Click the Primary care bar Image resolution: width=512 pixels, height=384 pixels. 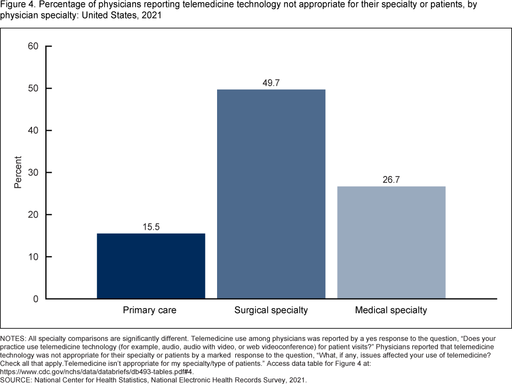point(151,266)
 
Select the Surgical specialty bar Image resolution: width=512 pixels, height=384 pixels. point(271,194)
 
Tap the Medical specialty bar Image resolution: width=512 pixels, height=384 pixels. point(391,242)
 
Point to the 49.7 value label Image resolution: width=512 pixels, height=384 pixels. point(271,83)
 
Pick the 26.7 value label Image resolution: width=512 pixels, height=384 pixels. point(391,180)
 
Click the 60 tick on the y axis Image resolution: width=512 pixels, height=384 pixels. point(33,46)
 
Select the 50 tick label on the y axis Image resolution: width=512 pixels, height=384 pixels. point(33,89)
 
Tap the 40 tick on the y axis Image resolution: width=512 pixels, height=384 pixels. point(33,131)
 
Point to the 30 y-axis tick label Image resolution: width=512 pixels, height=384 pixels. point(33,173)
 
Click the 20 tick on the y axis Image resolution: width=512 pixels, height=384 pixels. point(33,215)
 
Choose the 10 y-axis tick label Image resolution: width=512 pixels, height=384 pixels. point(33,257)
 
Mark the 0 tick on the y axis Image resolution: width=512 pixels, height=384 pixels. point(36,299)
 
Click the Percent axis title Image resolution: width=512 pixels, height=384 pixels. point(18,172)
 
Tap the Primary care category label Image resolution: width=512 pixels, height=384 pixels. point(149,310)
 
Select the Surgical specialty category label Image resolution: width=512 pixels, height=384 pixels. point(271,310)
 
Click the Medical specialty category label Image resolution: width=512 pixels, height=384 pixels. point(391,310)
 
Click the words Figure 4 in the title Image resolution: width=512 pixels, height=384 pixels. point(18,5)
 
